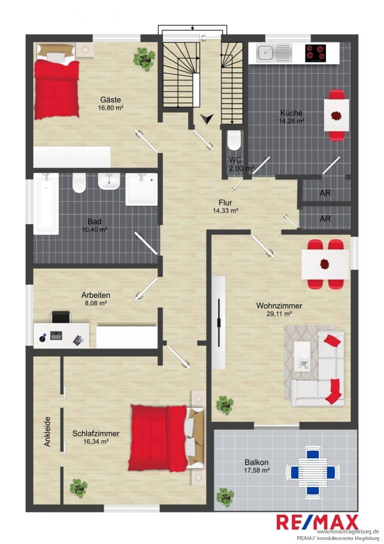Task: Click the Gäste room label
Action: (111, 100)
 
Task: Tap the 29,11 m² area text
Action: (279, 314)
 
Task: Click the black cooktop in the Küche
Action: (316, 53)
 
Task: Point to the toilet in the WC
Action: (234, 140)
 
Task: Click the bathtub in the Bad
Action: (46, 203)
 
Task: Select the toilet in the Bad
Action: (79, 183)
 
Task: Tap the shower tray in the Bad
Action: (141, 189)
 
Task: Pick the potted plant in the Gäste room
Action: (144, 59)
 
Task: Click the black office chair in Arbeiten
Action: (61, 317)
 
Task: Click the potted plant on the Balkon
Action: (224, 498)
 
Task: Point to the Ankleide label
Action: (47, 431)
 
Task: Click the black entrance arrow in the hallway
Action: (207, 119)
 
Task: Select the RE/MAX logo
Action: (318, 522)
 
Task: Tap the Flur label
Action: (225, 202)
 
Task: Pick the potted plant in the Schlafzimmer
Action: (79, 488)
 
